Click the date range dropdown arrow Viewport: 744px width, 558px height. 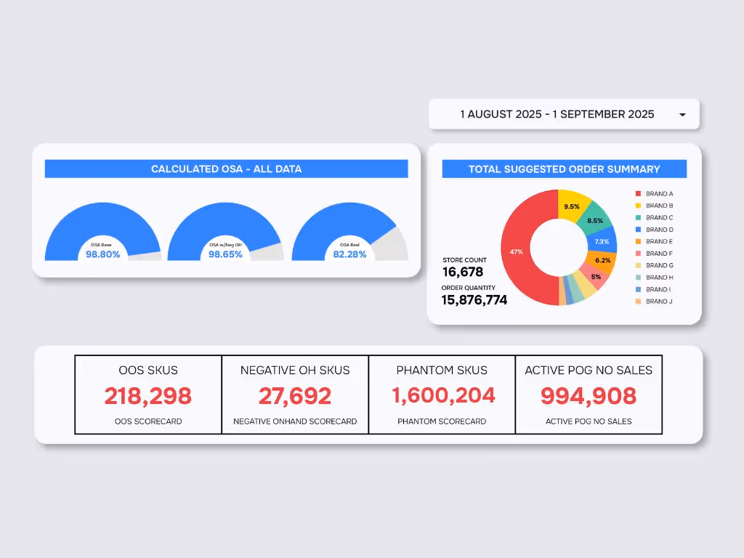(x=682, y=115)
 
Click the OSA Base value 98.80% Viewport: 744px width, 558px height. (x=102, y=254)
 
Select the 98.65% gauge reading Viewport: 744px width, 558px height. (x=225, y=254)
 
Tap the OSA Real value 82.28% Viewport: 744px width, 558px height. (x=349, y=254)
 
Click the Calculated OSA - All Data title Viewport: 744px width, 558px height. (x=226, y=169)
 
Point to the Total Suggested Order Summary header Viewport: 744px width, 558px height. (x=564, y=169)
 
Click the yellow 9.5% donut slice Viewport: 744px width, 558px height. (x=572, y=206)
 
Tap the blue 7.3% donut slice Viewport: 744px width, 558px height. (x=602, y=240)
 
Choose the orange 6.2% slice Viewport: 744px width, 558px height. (x=602, y=260)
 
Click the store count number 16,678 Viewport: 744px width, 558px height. (x=463, y=272)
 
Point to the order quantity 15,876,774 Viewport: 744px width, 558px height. (x=474, y=299)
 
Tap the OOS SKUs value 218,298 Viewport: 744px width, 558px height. (x=147, y=396)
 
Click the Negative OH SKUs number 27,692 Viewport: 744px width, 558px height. (x=295, y=396)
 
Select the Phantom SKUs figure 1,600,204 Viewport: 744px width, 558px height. (x=443, y=395)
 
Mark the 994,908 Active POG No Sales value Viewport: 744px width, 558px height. (x=589, y=396)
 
